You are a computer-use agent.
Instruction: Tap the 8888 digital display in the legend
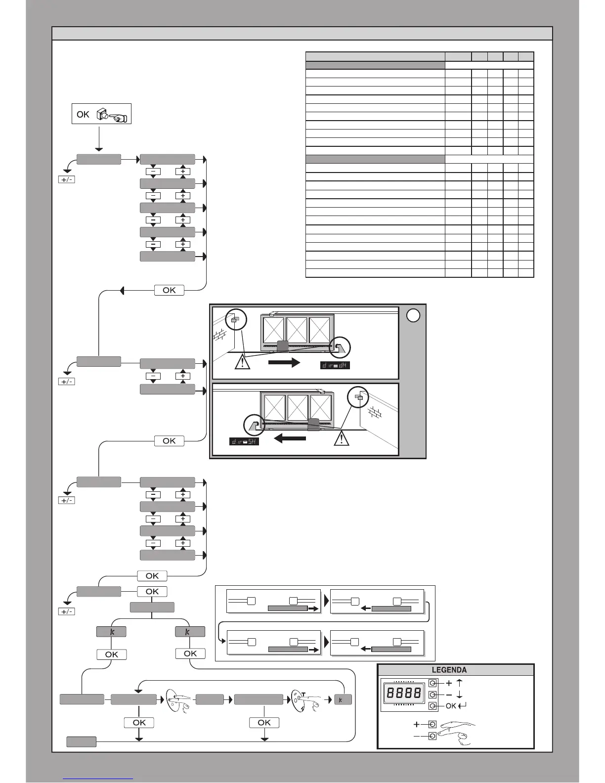pos(404,693)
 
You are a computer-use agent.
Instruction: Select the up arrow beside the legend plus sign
pos(460,683)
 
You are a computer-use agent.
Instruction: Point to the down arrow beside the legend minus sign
pos(460,694)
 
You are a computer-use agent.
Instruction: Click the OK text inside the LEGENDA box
pos(451,706)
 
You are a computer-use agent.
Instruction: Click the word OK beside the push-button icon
pos(83,114)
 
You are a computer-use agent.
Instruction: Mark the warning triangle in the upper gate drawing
pos(243,362)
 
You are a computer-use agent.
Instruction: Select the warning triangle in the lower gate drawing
pos(341,438)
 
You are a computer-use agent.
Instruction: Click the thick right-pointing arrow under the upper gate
pos(284,362)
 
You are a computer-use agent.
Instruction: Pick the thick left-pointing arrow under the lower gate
pos(290,438)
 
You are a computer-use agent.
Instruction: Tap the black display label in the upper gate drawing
pos(335,366)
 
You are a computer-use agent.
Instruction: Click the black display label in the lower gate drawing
pos(244,441)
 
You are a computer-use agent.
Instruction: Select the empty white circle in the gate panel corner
pos(413,315)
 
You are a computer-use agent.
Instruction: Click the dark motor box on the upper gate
pos(282,346)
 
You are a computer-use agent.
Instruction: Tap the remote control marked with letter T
pos(302,700)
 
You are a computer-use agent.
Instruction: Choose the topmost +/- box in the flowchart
pos(66,179)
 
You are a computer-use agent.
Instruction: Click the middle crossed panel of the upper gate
pos(297,330)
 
